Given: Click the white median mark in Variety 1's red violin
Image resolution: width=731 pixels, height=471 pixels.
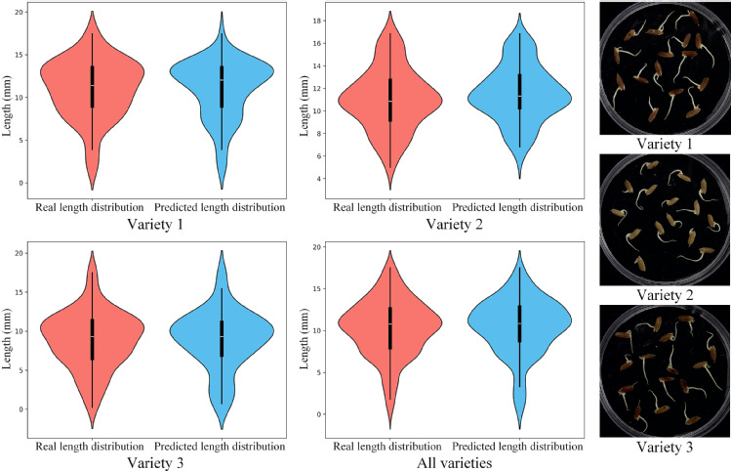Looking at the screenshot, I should click(x=93, y=86).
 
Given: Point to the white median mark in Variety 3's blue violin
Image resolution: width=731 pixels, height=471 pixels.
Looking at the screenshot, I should click(x=222, y=336).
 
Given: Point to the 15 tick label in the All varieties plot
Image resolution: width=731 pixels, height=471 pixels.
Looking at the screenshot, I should click(x=313, y=288).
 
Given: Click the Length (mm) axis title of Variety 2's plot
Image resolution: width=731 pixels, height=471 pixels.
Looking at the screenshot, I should click(x=297, y=98).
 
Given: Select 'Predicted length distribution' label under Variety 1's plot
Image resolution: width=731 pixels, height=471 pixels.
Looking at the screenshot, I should click(x=221, y=207).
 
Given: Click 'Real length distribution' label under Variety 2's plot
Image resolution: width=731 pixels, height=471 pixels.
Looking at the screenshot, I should click(x=386, y=207).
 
